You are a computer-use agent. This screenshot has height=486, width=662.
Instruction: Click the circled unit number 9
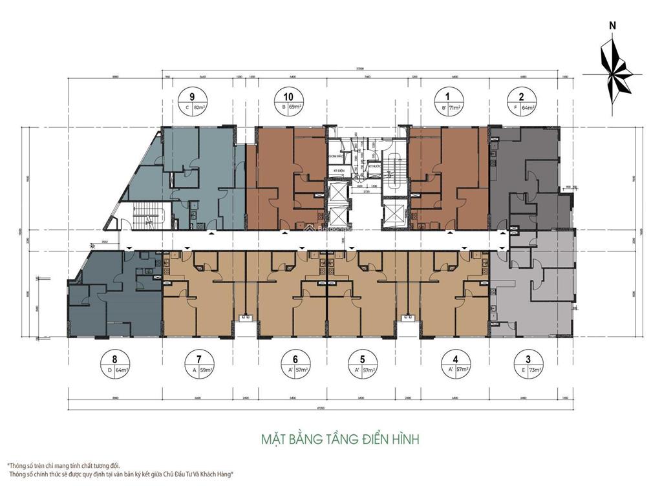pos(187,97)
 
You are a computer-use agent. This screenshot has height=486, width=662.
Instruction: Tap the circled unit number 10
pos(289,97)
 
